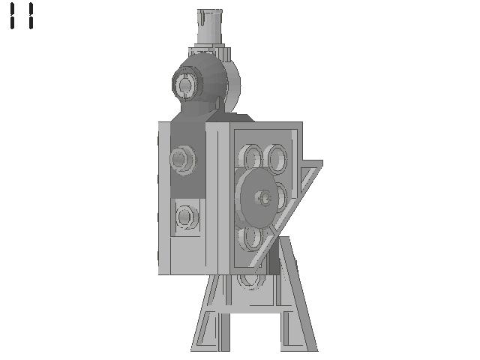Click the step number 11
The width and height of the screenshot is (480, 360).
[x=22, y=16]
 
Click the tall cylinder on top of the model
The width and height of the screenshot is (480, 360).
[x=210, y=27]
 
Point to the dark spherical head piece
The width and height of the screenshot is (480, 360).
[x=200, y=80]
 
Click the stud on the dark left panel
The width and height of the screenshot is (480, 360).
[x=183, y=160]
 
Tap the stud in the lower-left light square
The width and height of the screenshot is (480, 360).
[x=187, y=217]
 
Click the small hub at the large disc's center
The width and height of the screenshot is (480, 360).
[x=263, y=198]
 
